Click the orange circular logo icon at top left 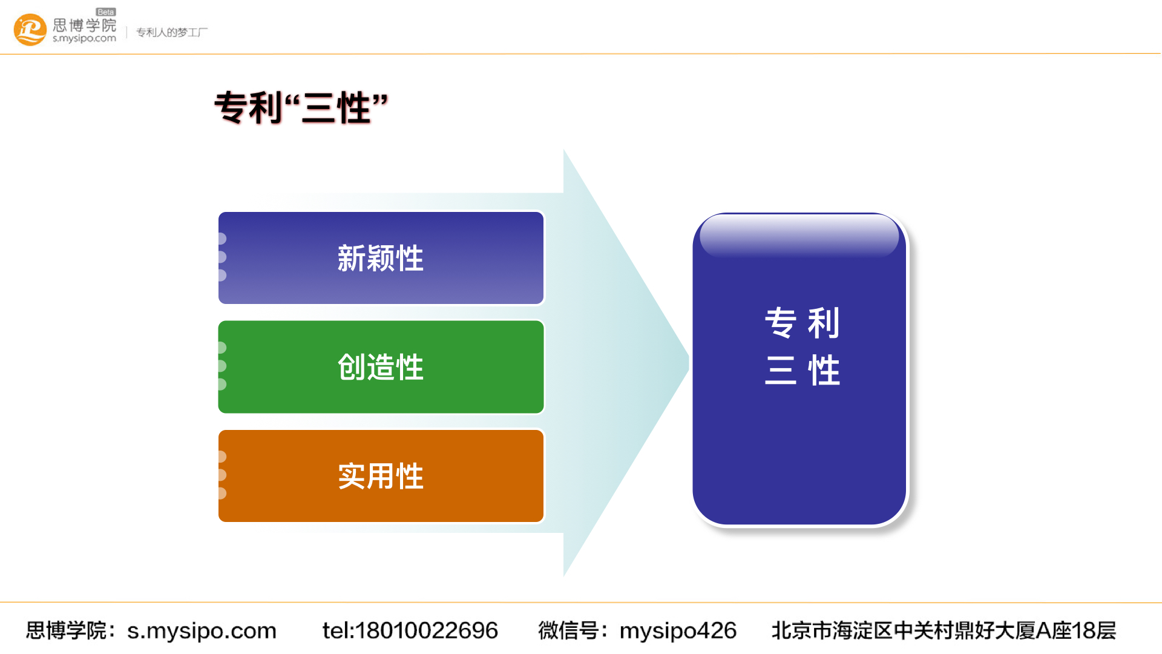(30, 30)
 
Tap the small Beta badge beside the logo (105, 12)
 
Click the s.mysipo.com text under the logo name (84, 39)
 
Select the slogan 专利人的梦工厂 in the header (172, 32)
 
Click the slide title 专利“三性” (301, 108)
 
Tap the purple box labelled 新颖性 (381, 258)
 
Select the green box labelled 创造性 (381, 367)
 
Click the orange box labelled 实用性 (381, 476)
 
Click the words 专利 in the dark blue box (802, 323)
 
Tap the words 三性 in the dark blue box (802, 371)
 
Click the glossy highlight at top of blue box (799, 236)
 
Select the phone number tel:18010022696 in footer (410, 630)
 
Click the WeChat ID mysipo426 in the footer (678, 630)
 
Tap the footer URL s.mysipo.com (202, 630)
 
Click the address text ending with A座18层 (943, 630)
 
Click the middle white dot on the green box (222, 366)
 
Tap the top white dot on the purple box (222, 239)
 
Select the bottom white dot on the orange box (222, 494)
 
